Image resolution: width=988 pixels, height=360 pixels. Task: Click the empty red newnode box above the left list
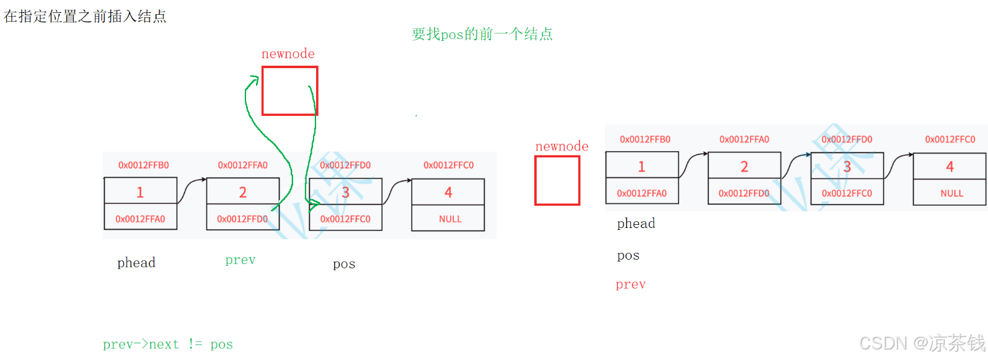(289, 90)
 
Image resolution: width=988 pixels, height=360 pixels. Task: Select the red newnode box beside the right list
(557, 180)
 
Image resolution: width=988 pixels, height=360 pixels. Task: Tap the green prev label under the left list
(240, 260)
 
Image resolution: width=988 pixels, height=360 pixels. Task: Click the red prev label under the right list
(630, 284)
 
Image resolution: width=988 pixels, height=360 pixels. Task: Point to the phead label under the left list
(136, 263)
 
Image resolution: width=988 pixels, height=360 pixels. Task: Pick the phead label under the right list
(636, 224)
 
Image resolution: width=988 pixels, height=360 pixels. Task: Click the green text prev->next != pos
(168, 344)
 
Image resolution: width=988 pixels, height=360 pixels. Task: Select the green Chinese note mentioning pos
(482, 34)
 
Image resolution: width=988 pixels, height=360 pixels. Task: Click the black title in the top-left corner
(85, 16)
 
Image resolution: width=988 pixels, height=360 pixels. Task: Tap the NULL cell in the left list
(450, 219)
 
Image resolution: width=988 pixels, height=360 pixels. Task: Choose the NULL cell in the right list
(951, 193)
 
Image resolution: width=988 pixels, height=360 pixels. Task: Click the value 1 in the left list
(140, 192)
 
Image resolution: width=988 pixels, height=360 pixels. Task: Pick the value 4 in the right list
(950, 166)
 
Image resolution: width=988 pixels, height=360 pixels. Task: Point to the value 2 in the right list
(744, 166)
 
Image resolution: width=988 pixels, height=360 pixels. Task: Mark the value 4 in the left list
(448, 192)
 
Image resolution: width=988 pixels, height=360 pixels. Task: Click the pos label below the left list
(344, 264)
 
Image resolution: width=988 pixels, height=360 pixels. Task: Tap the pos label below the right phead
(628, 255)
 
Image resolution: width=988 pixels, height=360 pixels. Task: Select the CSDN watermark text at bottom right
(922, 343)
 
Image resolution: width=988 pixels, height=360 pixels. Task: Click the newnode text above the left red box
(288, 54)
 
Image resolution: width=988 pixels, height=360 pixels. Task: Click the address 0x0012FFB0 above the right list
(645, 139)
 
